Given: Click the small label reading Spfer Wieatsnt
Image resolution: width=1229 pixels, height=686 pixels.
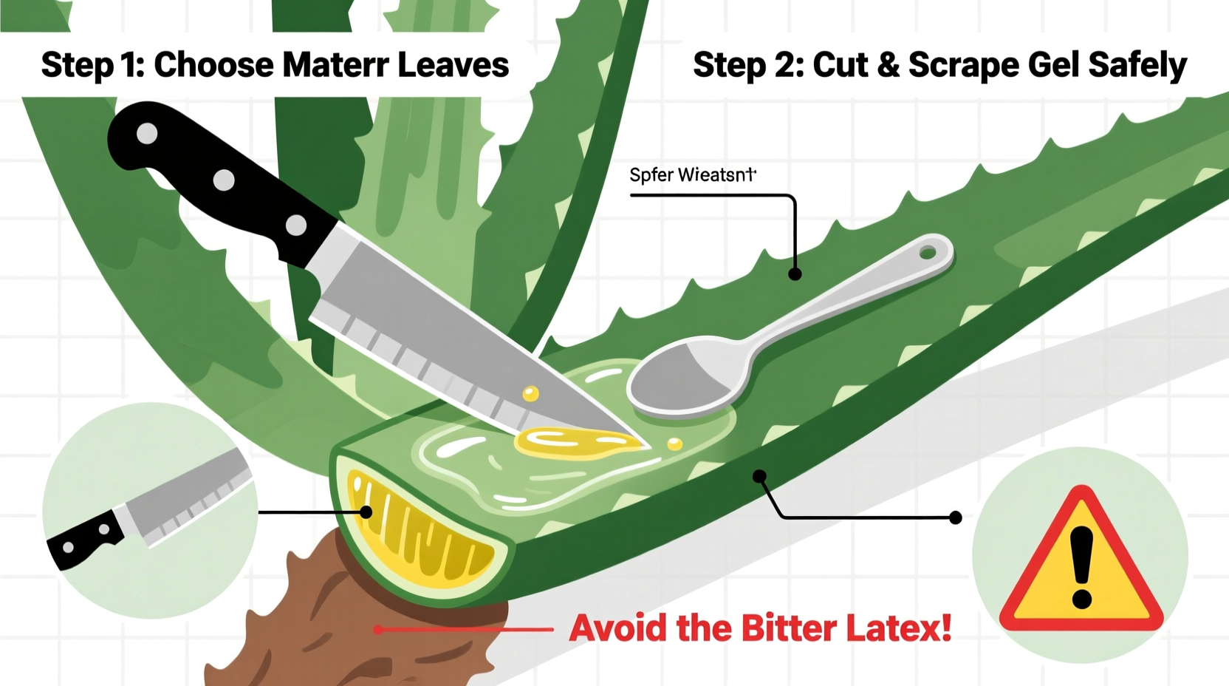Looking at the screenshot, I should [692, 175].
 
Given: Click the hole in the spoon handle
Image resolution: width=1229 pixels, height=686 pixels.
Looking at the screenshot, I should [928, 254].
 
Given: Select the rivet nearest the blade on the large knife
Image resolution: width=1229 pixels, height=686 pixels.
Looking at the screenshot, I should [296, 225].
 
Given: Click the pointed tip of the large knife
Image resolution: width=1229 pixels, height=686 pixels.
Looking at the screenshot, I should [648, 446].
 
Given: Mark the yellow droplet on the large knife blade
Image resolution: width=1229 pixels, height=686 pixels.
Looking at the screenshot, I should [530, 394].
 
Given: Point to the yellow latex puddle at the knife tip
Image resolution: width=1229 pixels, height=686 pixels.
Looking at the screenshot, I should [572, 442].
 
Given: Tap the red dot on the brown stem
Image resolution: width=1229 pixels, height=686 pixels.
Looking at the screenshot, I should [378, 630].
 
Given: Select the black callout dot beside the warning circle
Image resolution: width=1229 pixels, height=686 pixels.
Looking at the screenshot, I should [956, 517].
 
